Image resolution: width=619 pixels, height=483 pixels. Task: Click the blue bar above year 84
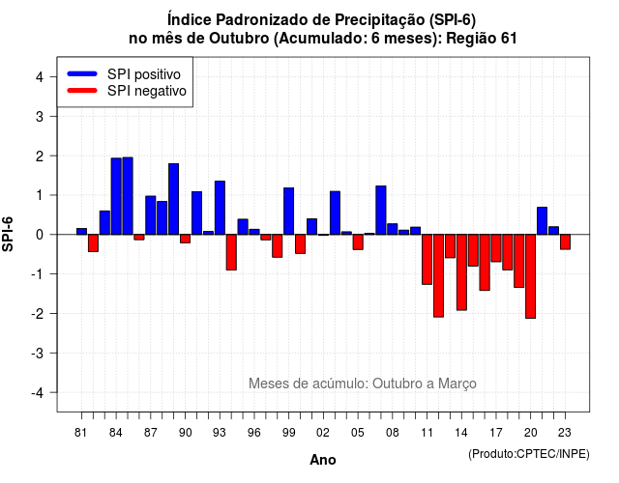point(116,196)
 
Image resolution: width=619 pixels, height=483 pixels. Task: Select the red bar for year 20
point(531,276)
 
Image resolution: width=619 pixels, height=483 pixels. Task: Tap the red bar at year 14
point(461,272)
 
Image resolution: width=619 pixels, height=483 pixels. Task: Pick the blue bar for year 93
point(220,208)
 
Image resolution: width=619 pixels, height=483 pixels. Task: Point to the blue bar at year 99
point(289,212)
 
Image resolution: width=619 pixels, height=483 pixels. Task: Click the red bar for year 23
point(565,242)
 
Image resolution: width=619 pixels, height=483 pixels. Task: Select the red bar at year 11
point(427,260)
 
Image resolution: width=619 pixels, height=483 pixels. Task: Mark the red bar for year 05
point(358,242)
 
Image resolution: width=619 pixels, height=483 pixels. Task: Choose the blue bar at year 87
point(151,215)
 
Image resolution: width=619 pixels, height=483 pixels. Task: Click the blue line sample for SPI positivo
point(82,73)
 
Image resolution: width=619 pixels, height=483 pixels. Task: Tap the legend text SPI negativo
point(147,91)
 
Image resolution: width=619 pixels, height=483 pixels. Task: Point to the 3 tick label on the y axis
point(40,116)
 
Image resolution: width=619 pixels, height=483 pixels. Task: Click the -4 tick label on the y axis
point(38,393)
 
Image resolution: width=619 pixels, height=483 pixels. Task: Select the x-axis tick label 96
point(254,433)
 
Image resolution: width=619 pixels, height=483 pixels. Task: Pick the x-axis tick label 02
point(323,433)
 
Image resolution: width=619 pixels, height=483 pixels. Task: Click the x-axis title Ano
point(323,460)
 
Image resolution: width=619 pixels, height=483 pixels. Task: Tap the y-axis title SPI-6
point(8,234)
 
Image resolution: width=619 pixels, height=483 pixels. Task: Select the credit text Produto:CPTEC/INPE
point(529,454)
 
